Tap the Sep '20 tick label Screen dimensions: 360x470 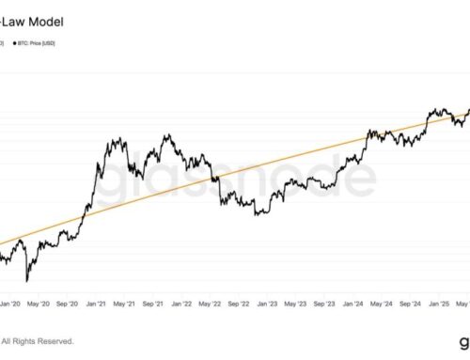click(x=82, y=304)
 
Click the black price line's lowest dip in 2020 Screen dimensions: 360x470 click(x=26, y=280)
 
